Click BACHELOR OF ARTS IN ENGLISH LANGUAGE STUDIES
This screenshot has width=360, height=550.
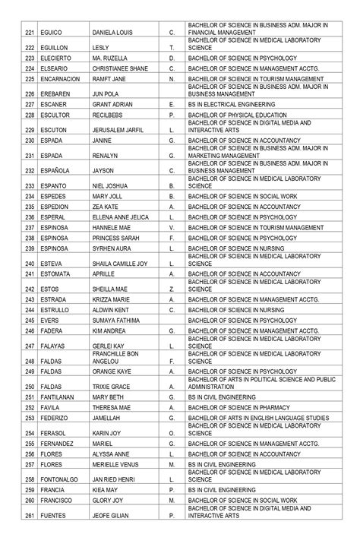(x=258, y=417)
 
